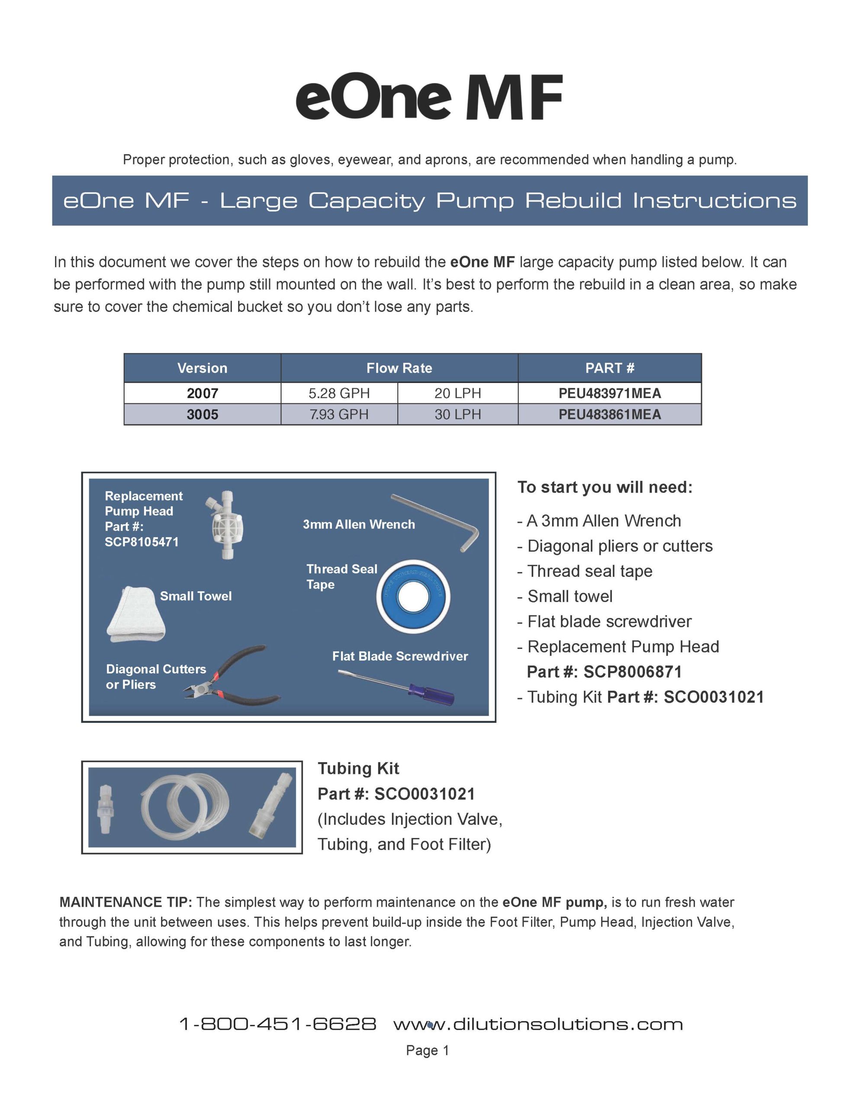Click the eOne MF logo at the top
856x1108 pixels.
click(429, 97)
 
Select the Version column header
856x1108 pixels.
click(202, 368)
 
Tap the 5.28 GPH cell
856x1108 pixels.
click(339, 393)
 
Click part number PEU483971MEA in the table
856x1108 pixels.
click(609, 393)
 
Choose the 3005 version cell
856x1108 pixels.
click(202, 415)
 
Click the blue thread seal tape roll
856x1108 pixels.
click(413, 596)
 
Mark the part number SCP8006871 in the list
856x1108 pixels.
click(632, 672)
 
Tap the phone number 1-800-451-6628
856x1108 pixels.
click(278, 1024)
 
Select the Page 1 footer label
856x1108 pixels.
click(427, 1050)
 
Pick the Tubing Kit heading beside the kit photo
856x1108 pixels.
click(358, 769)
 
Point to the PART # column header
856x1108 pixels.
click(609, 368)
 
